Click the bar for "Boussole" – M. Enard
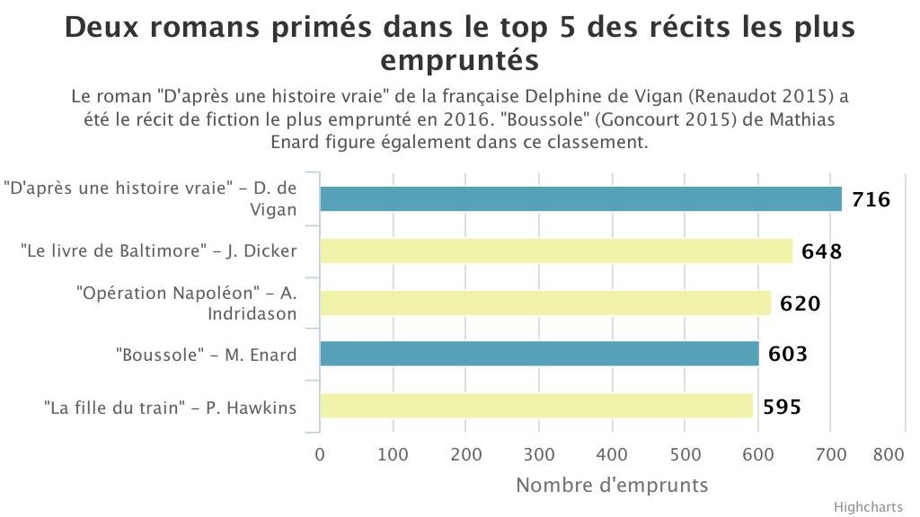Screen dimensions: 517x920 point(539,355)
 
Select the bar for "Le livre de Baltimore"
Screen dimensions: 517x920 point(556,250)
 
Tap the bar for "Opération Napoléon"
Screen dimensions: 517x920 point(545,302)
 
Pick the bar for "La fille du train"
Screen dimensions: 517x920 point(536,406)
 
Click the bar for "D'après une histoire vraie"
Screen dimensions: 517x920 point(580,198)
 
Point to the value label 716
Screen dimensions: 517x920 point(871,199)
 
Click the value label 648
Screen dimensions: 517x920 point(822,251)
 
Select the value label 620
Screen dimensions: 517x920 point(800,303)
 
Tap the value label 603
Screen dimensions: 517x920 point(787,355)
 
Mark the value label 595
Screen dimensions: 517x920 point(782,407)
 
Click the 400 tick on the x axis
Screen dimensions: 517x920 point(612,454)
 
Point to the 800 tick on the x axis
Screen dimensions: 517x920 point(888,454)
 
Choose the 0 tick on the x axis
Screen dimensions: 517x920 point(320,454)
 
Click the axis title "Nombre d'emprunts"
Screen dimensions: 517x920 point(612,486)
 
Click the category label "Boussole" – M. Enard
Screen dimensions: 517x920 point(206,355)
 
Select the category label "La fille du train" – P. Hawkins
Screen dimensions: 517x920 point(170,407)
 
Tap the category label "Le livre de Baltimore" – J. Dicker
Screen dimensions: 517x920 point(158,251)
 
